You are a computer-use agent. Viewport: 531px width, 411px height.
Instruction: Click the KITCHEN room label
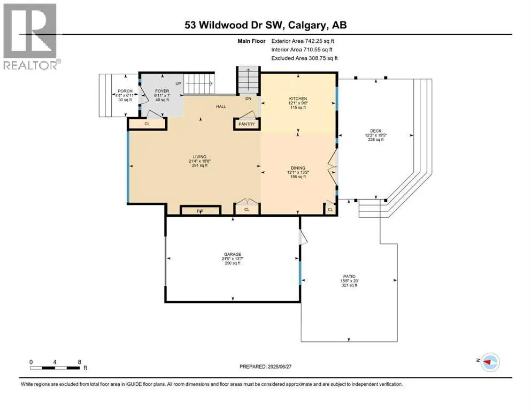pyautogui.click(x=298, y=98)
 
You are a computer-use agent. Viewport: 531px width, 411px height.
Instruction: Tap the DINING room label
pyautogui.click(x=298, y=168)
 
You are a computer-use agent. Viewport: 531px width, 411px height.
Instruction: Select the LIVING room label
pyautogui.click(x=200, y=157)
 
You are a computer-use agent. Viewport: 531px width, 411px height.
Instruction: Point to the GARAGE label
pyautogui.click(x=233, y=254)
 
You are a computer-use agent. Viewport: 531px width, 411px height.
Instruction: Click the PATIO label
pyautogui.click(x=350, y=277)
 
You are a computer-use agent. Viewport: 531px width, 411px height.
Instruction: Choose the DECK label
pyautogui.click(x=375, y=131)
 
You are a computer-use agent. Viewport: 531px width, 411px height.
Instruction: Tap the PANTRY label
pyautogui.click(x=247, y=124)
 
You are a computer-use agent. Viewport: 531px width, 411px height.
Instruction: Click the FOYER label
pyautogui.click(x=162, y=91)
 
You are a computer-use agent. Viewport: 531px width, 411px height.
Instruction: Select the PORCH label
pyautogui.click(x=125, y=91)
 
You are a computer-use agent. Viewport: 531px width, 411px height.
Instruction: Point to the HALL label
pyautogui.click(x=221, y=106)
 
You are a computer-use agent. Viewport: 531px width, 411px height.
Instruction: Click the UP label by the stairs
pyautogui.click(x=179, y=83)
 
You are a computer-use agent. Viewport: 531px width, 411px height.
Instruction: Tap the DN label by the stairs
pyautogui.click(x=248, y=98)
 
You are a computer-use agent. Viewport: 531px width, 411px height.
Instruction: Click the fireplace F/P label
pyautogui.click(x=200, y=211)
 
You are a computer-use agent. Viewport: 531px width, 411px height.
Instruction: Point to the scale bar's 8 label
pyautogui.click(x=80, y=362)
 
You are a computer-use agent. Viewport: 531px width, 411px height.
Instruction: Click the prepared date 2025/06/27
pyautogui.click(x=279, y=367)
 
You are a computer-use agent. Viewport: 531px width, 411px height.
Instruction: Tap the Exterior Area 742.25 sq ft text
pyautogui.click(x=303, y=41)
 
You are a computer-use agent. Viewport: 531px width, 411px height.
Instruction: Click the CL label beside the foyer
pyautogui.click(x=147, y=124)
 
